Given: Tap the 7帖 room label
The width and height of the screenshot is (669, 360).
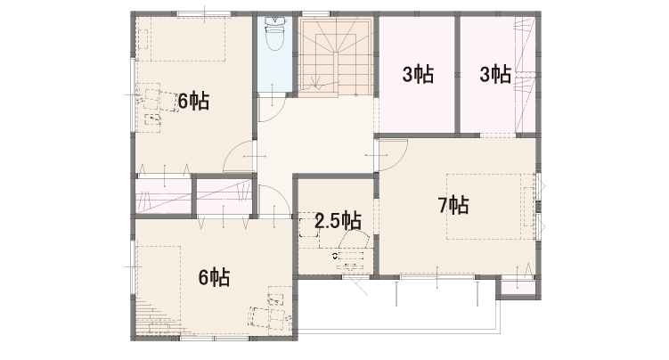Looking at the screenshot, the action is (453, 205).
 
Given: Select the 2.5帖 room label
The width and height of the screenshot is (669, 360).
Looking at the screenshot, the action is (338, 220).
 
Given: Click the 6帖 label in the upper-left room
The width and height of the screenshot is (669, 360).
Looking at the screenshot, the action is (193, 101).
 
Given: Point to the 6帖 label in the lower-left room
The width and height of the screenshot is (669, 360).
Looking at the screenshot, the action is (214, 277).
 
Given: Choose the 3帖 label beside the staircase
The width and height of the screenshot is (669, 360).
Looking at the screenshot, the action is (418, 74).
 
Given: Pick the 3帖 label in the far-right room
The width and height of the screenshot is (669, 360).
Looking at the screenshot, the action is (495, 74).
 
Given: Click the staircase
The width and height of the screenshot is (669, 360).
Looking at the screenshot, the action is (335, 54).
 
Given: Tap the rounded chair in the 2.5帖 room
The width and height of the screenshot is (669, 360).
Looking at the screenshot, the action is (354, 239).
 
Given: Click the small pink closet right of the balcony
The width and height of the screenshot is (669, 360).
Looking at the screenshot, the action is (518, 288).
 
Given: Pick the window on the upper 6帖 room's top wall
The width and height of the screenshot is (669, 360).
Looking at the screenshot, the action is (204, 14).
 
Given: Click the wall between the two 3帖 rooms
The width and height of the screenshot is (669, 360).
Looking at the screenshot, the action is (457, 74).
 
